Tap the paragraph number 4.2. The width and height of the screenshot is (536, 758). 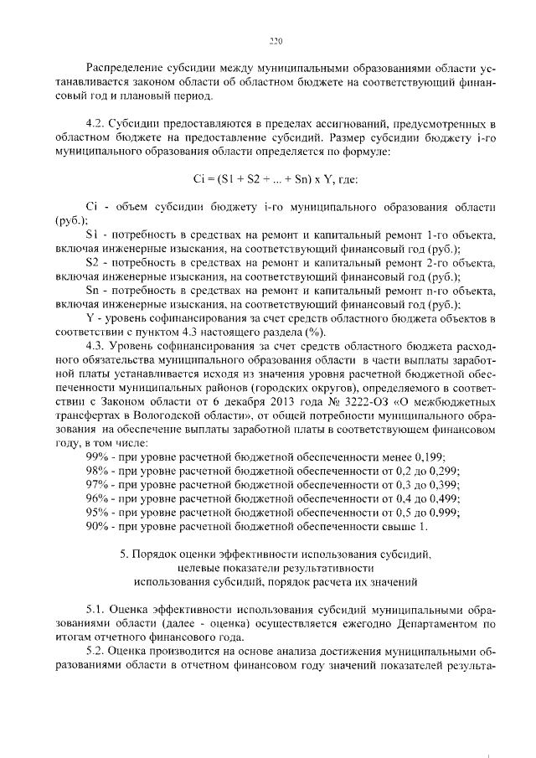point(97,124)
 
